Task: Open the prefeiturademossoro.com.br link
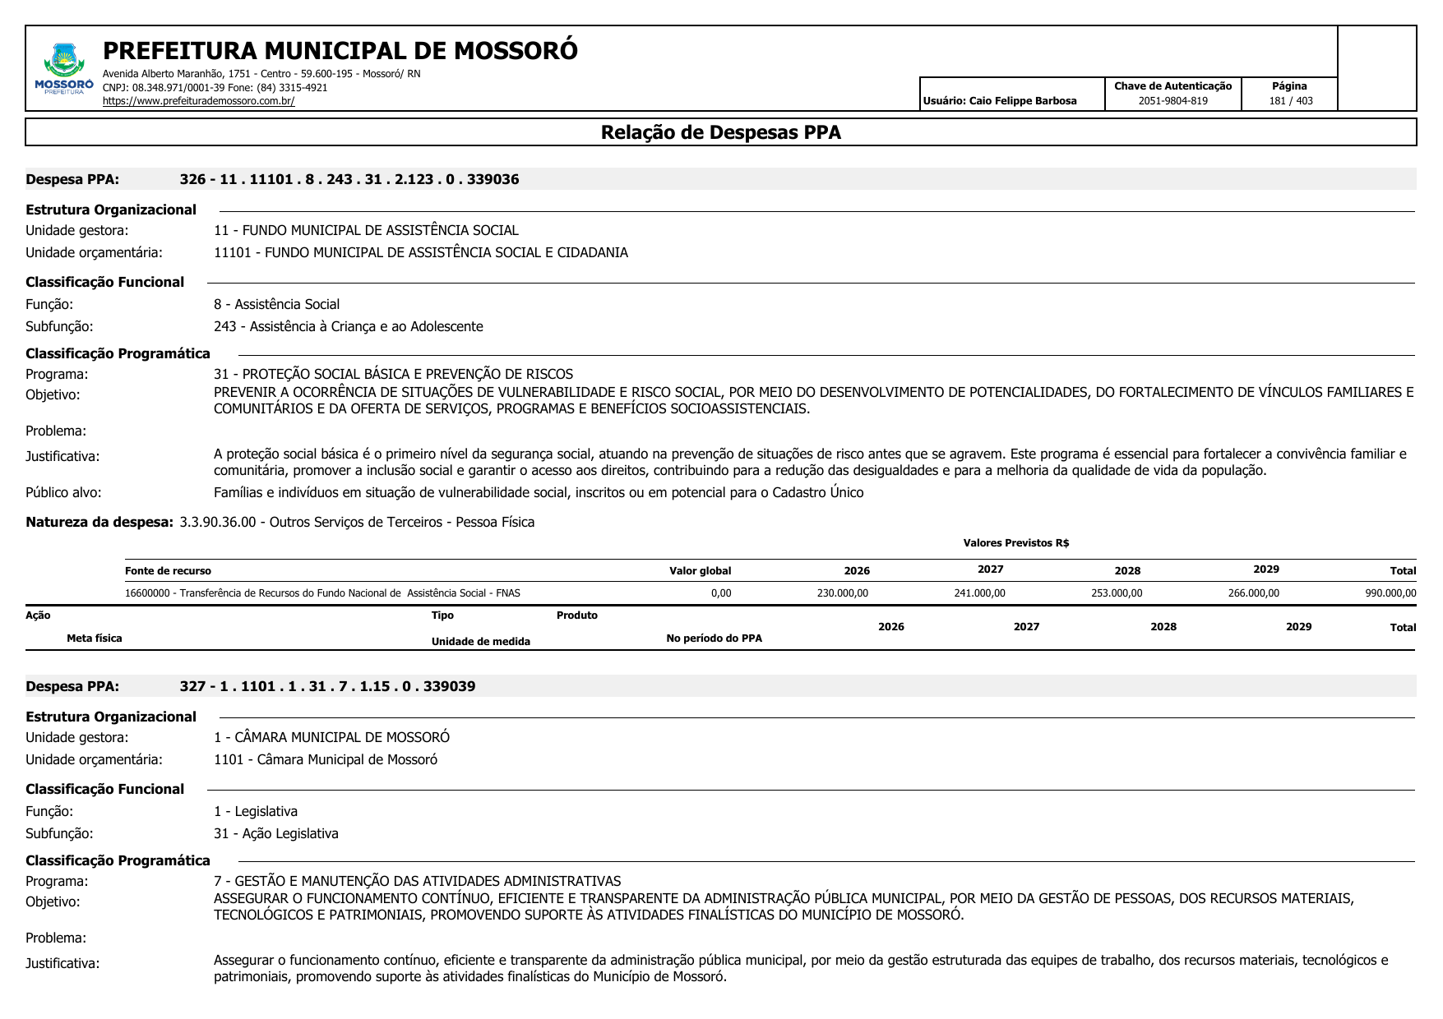198,101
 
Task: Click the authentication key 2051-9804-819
1172,101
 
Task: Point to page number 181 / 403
1291,101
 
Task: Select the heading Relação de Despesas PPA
720,132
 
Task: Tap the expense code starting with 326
349,179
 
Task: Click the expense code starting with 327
327,686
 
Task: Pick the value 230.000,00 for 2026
842,593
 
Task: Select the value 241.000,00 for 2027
979,593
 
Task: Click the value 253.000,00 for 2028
1117,593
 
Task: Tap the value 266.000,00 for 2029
1253,593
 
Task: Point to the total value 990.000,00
1390,593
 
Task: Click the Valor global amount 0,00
720,593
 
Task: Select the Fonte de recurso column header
168,571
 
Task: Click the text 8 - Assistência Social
276,304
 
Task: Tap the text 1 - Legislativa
256,811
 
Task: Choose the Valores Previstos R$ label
1015,543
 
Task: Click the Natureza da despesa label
99,522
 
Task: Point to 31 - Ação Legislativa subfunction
276,833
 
